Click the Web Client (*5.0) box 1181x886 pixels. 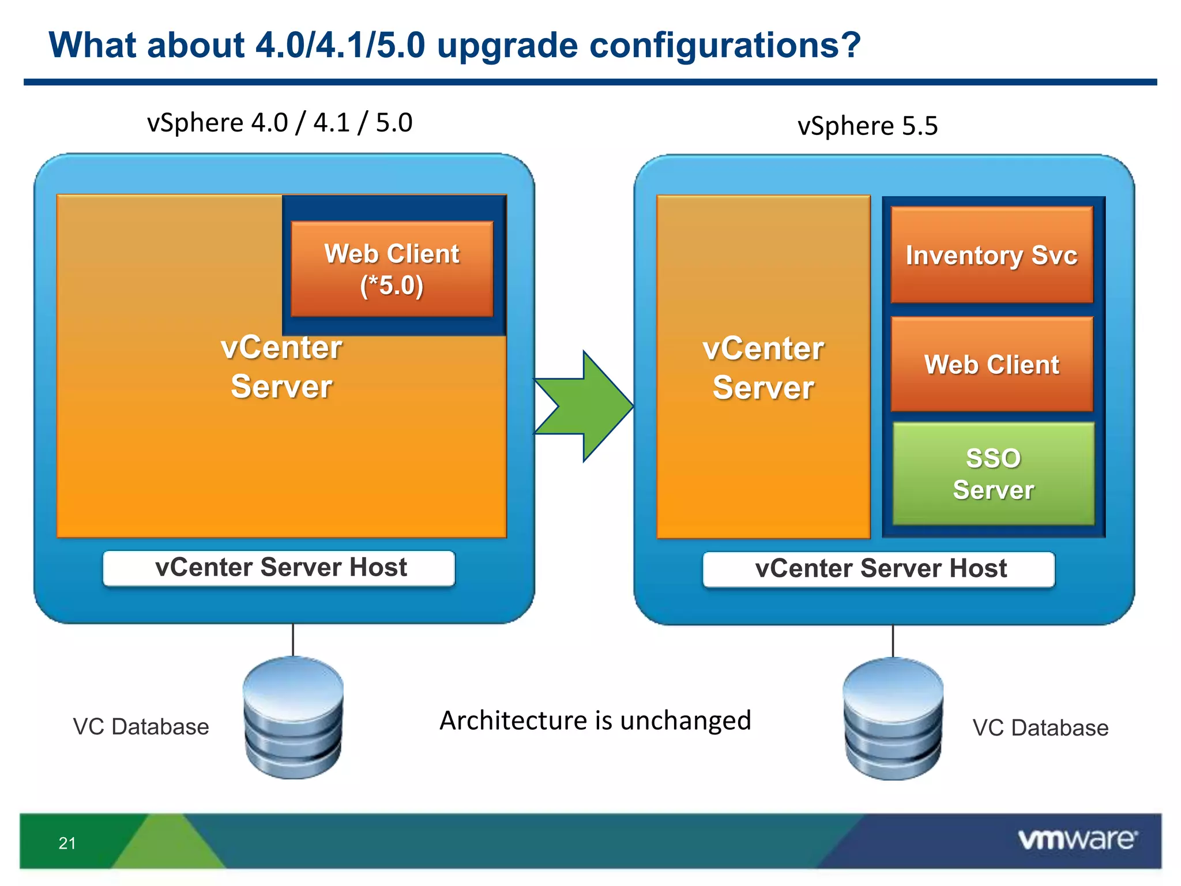pos(392,269)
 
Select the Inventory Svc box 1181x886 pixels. pos(991,255)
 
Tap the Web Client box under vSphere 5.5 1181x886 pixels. pos(991,365)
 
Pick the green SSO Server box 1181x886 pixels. pos(993,474)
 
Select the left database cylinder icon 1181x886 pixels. pos(293,718)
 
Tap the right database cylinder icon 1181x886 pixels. pos(893,719)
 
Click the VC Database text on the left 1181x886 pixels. pos(141,727)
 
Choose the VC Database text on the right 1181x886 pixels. pos(1040,728)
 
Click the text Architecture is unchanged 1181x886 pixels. pos(595,720)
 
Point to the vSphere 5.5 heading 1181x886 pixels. pos(867,126)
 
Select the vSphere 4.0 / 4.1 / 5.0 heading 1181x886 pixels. pos(280,123)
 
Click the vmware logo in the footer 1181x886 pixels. pos(1077,839)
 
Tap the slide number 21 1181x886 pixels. pos(67,843)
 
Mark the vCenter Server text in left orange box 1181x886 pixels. pos(281,367)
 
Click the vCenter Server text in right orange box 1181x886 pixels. pos(763,368)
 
